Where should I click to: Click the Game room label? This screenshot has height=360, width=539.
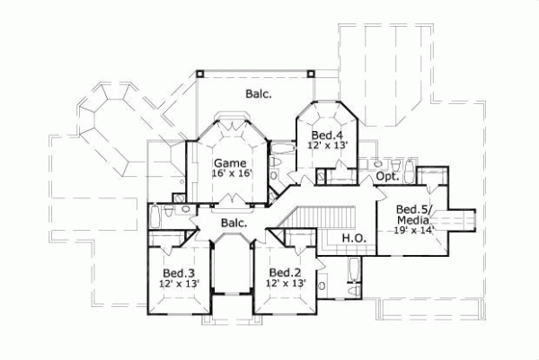point(230,162)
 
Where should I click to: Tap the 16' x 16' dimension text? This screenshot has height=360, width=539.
point(230,174)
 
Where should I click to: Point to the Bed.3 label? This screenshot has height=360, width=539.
point(179,272)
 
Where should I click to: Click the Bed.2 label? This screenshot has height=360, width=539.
point(285,272)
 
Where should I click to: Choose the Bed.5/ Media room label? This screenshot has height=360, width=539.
point(415,215)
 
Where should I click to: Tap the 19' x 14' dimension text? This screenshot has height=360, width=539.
point(415,230)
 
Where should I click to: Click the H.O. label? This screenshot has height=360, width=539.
point(352,238)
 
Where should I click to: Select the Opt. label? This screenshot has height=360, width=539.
point(387,177)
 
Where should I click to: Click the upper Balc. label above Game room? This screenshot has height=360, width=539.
point(259,92)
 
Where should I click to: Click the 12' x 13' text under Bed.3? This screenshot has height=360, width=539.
point(179,284)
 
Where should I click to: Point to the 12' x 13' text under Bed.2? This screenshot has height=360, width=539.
point(285,284)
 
